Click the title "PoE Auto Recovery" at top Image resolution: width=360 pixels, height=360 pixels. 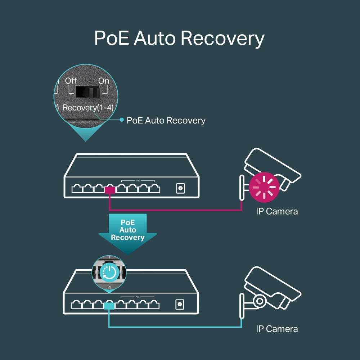click(x=179, y=38)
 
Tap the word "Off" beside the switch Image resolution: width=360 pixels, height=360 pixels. click(x=71, y=81)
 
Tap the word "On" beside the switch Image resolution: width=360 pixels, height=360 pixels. click(x=103, y=81)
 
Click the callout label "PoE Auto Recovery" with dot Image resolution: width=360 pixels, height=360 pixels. click(x=166, y=120)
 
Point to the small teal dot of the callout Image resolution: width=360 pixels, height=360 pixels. click(x=122, y=120)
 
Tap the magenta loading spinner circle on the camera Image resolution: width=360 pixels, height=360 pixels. click(x=264, y=186)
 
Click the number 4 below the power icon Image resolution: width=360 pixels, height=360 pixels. click(x=109, y=288)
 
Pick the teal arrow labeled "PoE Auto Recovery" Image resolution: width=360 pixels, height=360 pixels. click(x=128, y=232)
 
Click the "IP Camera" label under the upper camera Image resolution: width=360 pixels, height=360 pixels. click(x=277, y=211)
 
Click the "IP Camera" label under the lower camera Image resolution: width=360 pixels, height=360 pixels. click(x=277, y=329)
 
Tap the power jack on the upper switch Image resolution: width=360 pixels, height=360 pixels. click(x=180, y=188)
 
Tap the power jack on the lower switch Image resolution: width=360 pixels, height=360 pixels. click(x=180, y=305)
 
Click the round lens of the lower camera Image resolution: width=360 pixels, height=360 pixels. click(x=260, y=300)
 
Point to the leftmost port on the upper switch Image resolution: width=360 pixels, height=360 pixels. click(x=77, y=189)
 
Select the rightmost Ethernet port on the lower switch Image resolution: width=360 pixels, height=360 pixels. click(x=154, y=305)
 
